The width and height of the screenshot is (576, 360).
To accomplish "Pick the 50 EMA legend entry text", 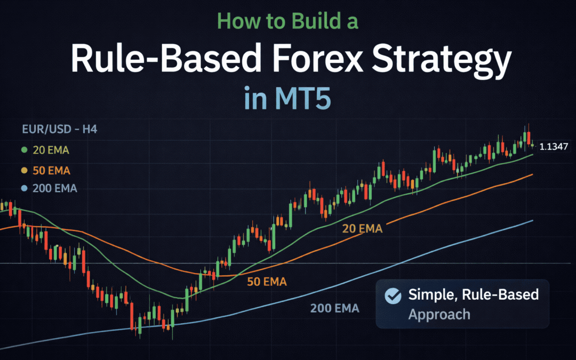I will [x=51, y=171].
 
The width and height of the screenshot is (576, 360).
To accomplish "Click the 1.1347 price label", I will [x=554, y=146].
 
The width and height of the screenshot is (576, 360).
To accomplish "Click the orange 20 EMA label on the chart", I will [x=363, y=229].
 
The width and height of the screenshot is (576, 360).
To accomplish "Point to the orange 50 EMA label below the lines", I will [x=267, y=282].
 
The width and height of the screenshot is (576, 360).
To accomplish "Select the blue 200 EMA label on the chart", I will [x=334, y=308].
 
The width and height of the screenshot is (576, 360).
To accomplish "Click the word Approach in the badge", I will [x=439, y=314].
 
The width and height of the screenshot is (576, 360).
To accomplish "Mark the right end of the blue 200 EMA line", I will [x=532, y=220].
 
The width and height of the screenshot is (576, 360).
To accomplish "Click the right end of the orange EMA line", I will [x=532, y=174].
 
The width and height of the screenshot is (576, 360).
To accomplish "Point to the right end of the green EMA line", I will [x=532, y=155].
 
